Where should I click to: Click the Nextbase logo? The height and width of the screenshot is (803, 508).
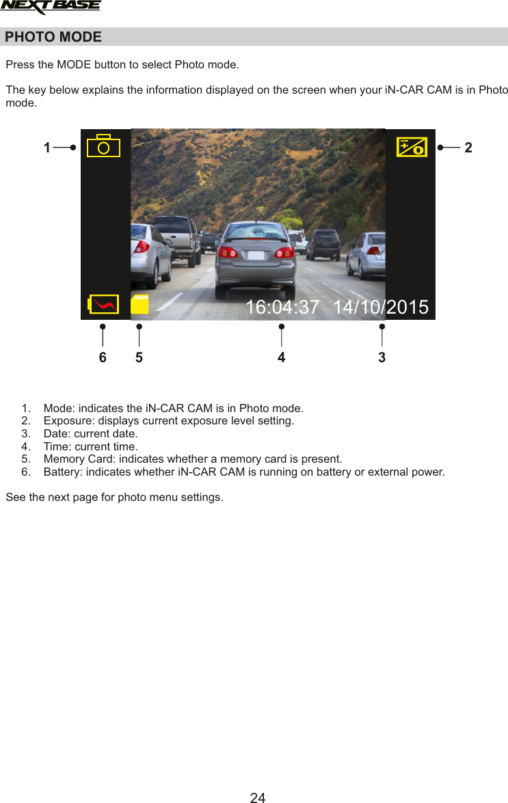pyautogui.click(x=51, y=8)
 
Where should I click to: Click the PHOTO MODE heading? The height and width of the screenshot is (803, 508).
pyautogui.click(x=53, y=37)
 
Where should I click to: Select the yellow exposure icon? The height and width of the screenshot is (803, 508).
pyautogui.click(x=412, y=147)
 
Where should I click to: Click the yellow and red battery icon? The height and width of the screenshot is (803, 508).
pyautogui.click(x=103, y=304)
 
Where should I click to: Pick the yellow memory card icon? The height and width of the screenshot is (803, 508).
pyautogui.click(x=139, y=304)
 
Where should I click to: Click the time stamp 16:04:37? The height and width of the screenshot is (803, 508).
pyautogui.click(x=282, y=308)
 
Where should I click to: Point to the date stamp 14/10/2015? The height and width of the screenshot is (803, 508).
pyautogui.click(x=381, y=308)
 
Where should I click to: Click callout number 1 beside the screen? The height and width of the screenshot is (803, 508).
pyautogui.click(x=46, y=147)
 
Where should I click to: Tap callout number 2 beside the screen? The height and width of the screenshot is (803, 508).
pyautogui.click(x=468, y=147)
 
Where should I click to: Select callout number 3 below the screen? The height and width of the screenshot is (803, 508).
pyautogui.click(x=382, y=357)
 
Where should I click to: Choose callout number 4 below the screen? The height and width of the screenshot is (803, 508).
pyautogui.click(x=281, y=357)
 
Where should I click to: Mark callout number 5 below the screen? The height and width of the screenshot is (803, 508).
pyautogui.click(x=139, y=357)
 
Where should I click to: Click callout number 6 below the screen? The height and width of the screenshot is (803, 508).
pyautogui.click(x=103, y=357)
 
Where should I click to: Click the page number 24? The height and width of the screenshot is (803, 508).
pyautogui.click(x=257, y=797)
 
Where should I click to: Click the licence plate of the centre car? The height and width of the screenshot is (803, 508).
pyautogui.click(x=256, y=255)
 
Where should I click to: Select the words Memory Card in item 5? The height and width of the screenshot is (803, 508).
pyautogui.click(x=78, y=459)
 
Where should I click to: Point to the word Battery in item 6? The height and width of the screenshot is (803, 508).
pyautogui.click(x=62, y=472)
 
